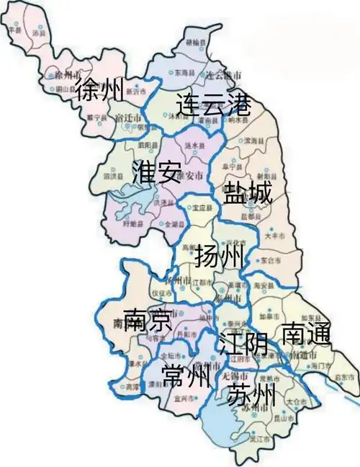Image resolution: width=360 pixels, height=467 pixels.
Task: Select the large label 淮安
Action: click(x=156, y=173)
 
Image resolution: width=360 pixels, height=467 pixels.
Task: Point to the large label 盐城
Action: click(x=248, y=195)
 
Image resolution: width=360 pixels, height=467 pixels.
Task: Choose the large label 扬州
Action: click(x=219, y=257)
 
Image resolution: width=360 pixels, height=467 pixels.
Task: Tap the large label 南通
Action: click(x=305, y=334)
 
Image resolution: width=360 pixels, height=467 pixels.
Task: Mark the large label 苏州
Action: click(x=251, y=394)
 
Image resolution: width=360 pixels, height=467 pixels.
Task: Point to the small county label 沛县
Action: click(x=39, y=33)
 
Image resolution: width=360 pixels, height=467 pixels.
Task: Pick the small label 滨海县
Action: click(x=253, y=140)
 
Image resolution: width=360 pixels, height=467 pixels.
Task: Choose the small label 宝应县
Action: click(x=201, y=208)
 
